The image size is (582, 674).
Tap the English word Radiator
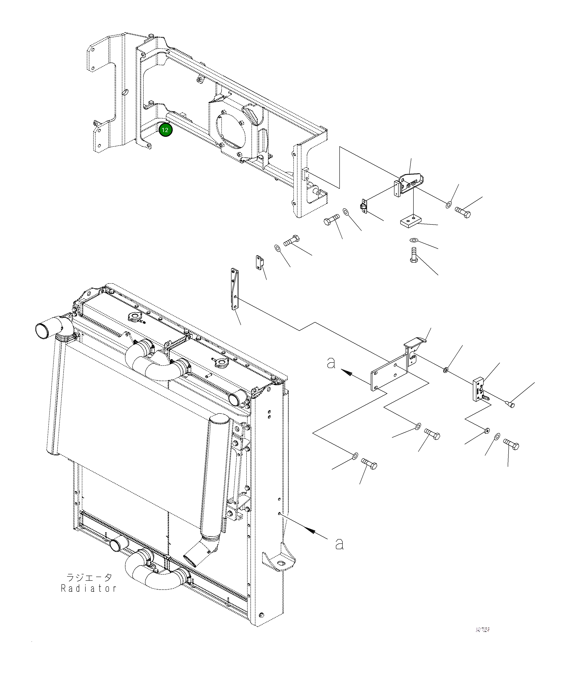pos(89,588)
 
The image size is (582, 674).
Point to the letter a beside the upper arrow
pos(331,363)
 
